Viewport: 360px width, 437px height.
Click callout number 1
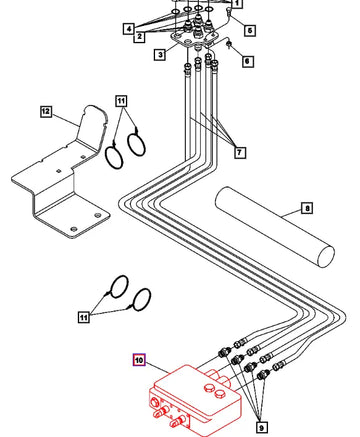tap(236, 4)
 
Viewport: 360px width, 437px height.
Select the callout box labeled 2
tap(139, 36)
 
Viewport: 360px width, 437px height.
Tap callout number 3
tap(160, 54)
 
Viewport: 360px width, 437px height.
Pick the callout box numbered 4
tap(129, 28)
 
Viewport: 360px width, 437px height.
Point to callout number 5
tap(250, 30)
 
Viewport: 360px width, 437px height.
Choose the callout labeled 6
tap(247, 61)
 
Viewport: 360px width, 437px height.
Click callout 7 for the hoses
tap(239, 152)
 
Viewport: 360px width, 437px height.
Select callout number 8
tap(307, 209)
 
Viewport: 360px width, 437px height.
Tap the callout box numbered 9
tap(261, 427)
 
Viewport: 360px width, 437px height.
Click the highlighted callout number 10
tap(139, 360)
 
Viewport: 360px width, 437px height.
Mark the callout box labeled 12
tap(46, 111)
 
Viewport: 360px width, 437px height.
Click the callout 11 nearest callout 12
tap(121, 101)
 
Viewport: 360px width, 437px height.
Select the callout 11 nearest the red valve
tap(84, 317)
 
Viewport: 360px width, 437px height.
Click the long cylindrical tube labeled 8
tap(275, 228)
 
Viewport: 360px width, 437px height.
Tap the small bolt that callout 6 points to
tap(229, 45)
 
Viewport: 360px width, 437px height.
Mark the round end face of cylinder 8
tap(326, 256)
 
